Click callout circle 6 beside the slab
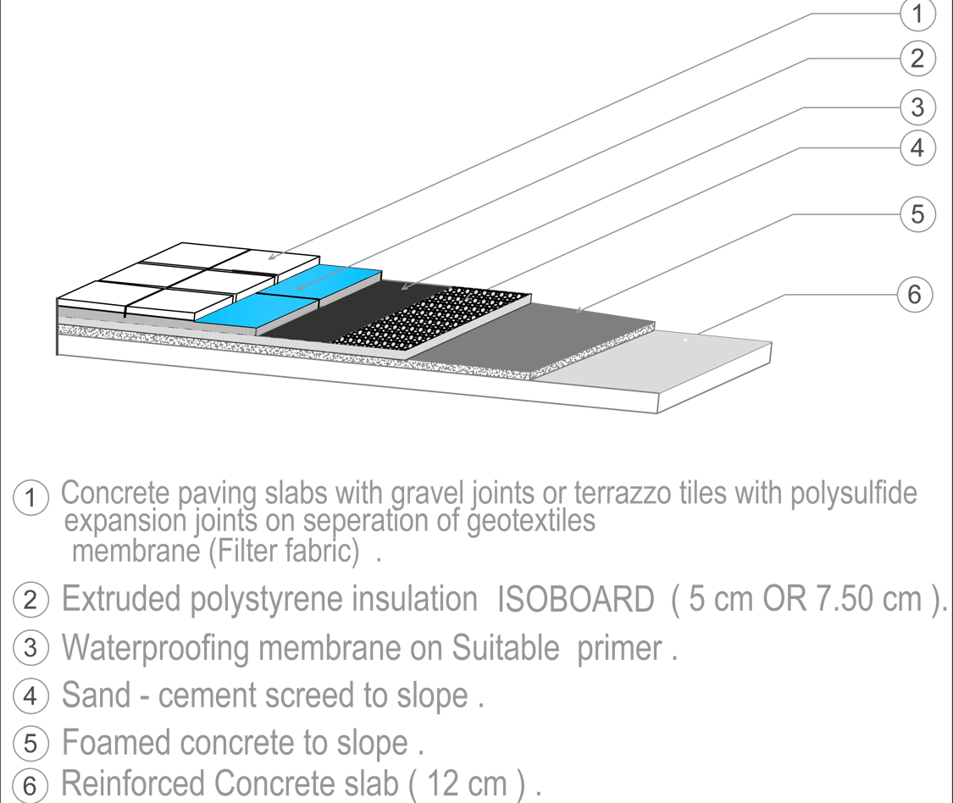coord(914,295)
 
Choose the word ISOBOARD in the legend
coord(576,601)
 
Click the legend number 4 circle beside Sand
coord(30,698)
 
